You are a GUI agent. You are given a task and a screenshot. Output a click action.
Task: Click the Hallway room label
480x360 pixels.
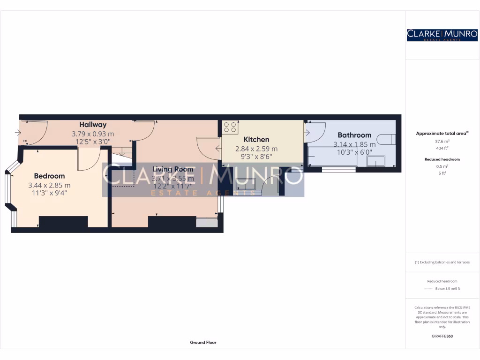tap(92, 125)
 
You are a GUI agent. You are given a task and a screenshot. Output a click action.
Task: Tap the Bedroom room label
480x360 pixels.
tap(49, 176)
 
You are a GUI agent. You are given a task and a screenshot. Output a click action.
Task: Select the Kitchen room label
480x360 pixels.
tap(256, 140)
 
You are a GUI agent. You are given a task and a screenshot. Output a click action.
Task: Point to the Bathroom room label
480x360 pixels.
tap(354, 135)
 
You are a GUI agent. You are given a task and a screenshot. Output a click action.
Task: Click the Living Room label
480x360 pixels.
tap(172, 169)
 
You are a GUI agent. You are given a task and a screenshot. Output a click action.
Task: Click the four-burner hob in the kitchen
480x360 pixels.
tap(230, 127)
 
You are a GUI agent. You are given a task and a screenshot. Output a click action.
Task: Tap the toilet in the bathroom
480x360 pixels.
tap(387, 140)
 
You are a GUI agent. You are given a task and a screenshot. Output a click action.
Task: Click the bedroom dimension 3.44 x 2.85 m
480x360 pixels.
tap(49, 185)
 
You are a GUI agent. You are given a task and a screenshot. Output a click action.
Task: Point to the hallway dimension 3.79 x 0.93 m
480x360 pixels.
tap(92, 134)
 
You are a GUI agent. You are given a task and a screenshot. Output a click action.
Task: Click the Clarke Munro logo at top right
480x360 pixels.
tap(442, 35)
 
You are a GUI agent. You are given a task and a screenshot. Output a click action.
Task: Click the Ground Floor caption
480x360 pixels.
tap(203, 343)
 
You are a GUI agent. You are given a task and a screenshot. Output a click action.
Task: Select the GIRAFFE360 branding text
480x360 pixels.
tap(442, 336)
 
